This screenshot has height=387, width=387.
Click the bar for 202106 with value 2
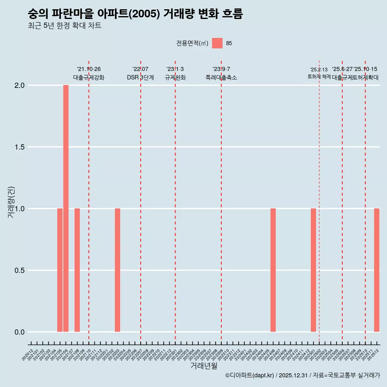pyautogui.click(x=66, y=208)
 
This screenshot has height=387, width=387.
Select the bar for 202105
pyautogui.click(x=60, y=270)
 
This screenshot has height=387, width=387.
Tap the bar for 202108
pyautogui.click(x=77, y=270)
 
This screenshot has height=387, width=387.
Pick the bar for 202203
pyautogui.click(x=118, y=270)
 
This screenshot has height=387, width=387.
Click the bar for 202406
pyautogui.click(x=273, y=270)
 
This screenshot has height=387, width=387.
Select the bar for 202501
pyautogui.click(x=313, y=270)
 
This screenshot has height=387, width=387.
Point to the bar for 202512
pyautogui.click(x=377, y=270)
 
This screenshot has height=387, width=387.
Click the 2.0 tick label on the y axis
pyautogui.click(x=20, y=85)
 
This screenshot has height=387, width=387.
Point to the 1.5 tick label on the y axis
pyautogui.click(x=20, y=147)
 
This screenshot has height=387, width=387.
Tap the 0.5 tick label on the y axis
pyautogui.click(x=20, y=270)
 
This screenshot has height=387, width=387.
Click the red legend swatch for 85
pyautogui.click(x=217, y=43)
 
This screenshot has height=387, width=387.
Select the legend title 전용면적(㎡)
pyautogui.click(x=192, y=44)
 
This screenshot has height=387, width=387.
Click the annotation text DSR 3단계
pyautogui.click(x=140, y=77)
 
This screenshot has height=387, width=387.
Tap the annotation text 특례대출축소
pyautogui.click(x=221, y=77)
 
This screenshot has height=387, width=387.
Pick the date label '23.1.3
pyautogui.click(x=175, y=69)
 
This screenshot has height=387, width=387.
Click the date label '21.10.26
pyautogui.click(x=89, y=69)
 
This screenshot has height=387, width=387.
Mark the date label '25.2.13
pyautogui.click(x=319, y=70)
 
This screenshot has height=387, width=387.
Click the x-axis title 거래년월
pyautogui.click(x=204, y=366)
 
